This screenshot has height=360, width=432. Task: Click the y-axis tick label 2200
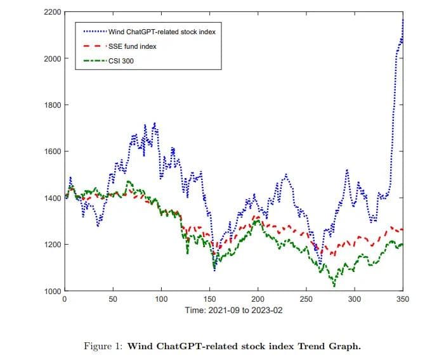pyautogui.click(x=53, y=12)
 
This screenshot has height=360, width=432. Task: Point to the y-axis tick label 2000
pyautogui.click(x=53, y=58)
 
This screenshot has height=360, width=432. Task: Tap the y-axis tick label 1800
pyautogui.click(x=53, y=105)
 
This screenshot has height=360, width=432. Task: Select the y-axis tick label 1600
pyautogui.click(x=53, y=151)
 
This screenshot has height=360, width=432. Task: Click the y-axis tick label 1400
pyautogui.click(x=53, y=198)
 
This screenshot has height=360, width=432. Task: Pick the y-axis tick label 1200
pyautogui.click(x=53, y=245)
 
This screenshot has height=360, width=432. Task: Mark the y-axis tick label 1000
pyautogui.click(x=53, y=291)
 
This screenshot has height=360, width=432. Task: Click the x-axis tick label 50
pyautogui.click(x=113, y=299)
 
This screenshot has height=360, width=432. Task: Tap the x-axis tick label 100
pyautogui.click(x=161, y=299)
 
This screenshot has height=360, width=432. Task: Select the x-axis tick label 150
pyautogui.click(x=209, y=299)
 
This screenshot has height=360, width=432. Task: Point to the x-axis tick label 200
pyautogui.click(x=258, y=299)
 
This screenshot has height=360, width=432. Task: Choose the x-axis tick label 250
pyautogui.click(x=306, y=299)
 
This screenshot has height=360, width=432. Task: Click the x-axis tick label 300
pyautogui.click(x=354, y=299)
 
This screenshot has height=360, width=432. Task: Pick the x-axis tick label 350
pyautogui.click(x=402, y=299)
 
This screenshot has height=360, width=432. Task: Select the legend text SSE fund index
pyautogui.click(x=132, y=46)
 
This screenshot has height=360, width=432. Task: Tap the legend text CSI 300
pyautogui.click(x=121, y=61)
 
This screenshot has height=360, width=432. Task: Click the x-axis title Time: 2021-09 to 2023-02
pyautogui.click(x=233, y=311)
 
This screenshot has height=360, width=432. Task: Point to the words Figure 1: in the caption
pyautogui.click(x=103, y=345)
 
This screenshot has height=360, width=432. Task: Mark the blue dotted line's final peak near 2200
pyautogui.click(x=403, y=19)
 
